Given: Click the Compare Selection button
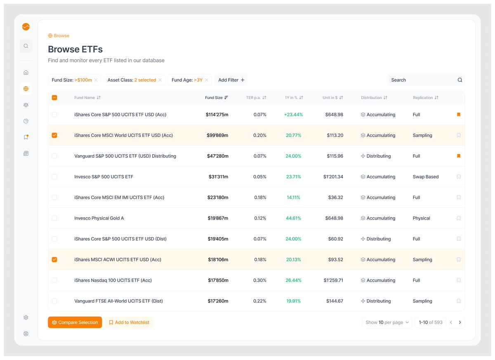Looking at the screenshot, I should point(75,322).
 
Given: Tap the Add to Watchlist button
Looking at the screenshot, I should point(129,322).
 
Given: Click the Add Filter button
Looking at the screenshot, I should point(231,80).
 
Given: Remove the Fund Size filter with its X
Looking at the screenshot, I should point(96,80).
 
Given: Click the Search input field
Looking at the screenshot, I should point(423,80).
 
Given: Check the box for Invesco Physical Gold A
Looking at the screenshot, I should point(54,218).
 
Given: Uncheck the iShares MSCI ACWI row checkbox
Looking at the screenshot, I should point(54,260).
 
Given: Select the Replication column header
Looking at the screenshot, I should point(425,98).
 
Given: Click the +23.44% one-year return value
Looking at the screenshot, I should point(293,115).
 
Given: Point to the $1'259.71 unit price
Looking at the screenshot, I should point(333,280).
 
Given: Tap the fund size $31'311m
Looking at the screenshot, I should point(218,177).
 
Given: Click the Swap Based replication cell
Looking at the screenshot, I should point(425,177).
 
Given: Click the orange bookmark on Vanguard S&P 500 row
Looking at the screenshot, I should point(458,156).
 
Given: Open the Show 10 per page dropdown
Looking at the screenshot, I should point(387,322).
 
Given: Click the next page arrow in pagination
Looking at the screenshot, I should point(460,322).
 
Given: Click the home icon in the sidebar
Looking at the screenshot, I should point(26,73).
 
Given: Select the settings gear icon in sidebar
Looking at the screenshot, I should point(26,318).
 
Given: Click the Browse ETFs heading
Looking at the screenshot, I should point(75,49).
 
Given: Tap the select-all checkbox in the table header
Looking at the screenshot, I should point(54,98).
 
